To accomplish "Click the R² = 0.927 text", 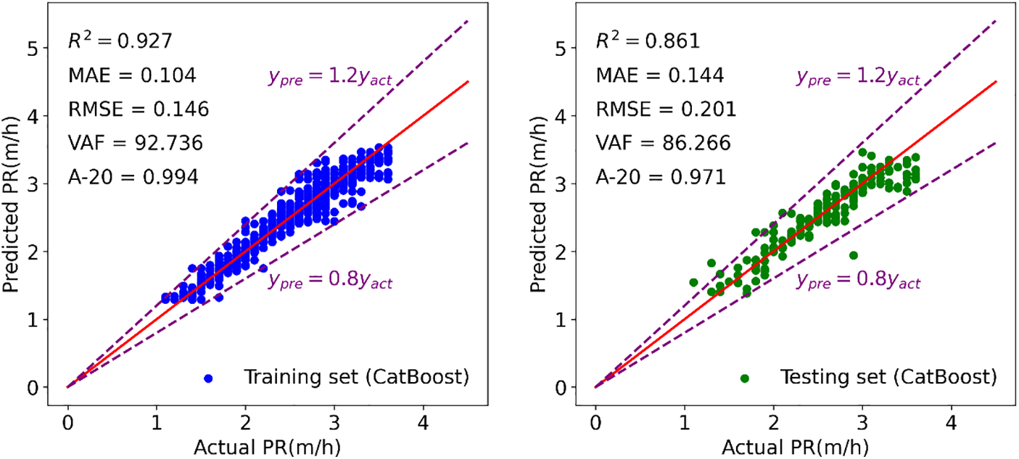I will [x=120, y=41].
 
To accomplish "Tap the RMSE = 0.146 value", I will [x=139, y=109].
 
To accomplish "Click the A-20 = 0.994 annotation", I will [x=133, y=178].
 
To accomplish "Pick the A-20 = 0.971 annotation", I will [x=661, y=178].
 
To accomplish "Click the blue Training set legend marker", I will [x=209, y=379].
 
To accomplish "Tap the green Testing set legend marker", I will [x=744, y=379].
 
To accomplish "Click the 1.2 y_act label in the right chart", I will [x=858, y=78].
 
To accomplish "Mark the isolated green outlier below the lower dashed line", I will [x=854, y=255].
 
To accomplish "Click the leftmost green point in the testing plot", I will [x=693, y=283].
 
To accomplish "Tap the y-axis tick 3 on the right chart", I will [x=572, y=184].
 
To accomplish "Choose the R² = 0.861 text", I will [x=648, y=41].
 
